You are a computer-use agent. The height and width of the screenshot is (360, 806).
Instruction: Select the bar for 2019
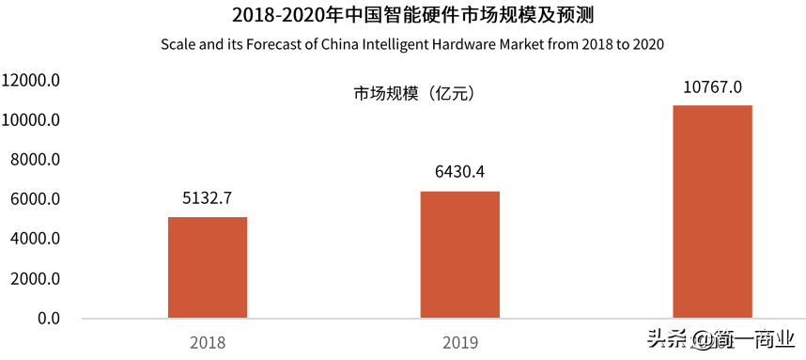(459, 255)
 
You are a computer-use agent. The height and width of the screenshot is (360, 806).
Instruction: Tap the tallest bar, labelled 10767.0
(713, 211)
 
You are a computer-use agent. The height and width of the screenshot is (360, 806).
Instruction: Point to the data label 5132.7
(208, 199)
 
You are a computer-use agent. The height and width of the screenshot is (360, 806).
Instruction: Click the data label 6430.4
(459, 172)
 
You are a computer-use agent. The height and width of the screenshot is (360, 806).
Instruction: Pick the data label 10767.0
(713, 87)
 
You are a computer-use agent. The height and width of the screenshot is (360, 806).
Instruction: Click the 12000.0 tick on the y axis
(32, 81)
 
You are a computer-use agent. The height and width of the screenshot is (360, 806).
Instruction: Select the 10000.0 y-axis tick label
(32, 120)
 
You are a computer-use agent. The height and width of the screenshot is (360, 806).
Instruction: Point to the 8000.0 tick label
(36, 160)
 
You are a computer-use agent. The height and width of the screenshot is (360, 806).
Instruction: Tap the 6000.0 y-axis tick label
(36, 199)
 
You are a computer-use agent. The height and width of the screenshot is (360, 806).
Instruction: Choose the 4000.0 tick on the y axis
(36, 239)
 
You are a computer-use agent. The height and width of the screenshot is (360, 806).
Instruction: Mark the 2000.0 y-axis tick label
(36, 279)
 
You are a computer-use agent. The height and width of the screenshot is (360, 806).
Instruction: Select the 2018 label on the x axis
(207, 342)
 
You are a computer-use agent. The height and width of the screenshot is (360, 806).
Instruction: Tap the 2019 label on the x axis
(459, 342)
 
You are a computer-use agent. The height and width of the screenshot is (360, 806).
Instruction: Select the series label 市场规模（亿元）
(411, 93)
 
